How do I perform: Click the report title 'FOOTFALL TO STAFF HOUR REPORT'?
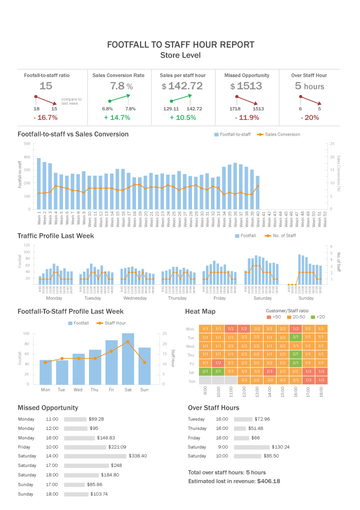(180, 45)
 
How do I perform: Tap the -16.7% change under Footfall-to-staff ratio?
(45, 118)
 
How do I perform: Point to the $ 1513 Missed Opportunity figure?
(246, 86)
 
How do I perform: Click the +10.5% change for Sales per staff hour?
(182, 118)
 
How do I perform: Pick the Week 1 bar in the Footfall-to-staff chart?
(39, 183)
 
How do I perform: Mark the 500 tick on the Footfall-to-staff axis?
(26, 143)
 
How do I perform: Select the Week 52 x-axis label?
(325, 219)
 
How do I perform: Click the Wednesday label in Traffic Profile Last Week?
(135, 298)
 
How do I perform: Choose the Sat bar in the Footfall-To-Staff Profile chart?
(128, 358)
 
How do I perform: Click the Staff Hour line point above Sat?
(128, 342)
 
